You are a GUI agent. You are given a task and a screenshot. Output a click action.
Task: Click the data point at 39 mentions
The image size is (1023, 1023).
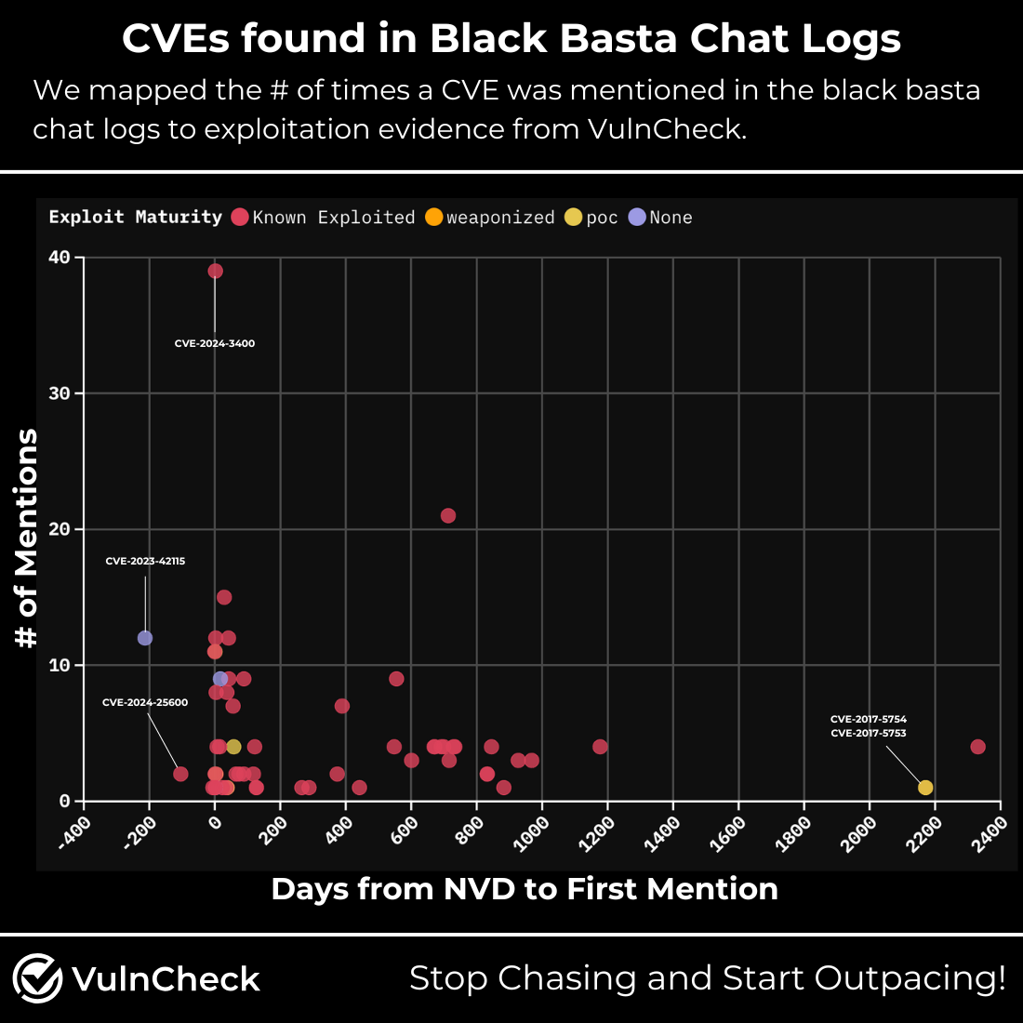pyautogui.click(x=215, y=271)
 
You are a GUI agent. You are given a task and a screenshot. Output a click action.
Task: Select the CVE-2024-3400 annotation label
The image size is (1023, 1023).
pyautogui.click(x=215, y=344)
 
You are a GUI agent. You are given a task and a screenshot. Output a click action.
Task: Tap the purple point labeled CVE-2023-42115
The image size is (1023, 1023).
pyautogui.click(x=145, y=638)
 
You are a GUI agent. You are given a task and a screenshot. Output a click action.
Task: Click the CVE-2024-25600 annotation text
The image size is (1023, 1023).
pyautogui.click(x=145, y=703)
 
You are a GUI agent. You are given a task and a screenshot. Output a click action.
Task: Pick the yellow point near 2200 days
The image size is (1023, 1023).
pyautogui.click(x=925, y=788)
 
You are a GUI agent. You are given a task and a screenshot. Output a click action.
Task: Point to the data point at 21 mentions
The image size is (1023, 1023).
pyautogui.click(x=448, y=516)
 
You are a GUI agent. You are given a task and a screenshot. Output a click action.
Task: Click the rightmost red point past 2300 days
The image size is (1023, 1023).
pyautogui.click(x=977, y=747)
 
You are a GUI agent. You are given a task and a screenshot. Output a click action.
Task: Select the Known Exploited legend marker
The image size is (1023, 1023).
pyautogui.click(x=240, y=218)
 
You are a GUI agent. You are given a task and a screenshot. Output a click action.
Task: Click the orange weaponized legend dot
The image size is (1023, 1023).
pyautogui.click(x=434, y=218)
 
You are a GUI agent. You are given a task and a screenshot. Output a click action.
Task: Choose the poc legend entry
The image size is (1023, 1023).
pyautogui.click(x=591, y=218)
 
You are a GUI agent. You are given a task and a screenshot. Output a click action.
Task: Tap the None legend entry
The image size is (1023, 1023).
pyautogui.click(x=661, y=218)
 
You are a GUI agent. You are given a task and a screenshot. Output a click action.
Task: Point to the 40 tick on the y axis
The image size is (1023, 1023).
pyautogui.click(x=60, y=258)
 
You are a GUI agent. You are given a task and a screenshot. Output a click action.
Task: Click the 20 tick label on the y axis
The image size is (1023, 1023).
pyautogui.click(x=60, y=529)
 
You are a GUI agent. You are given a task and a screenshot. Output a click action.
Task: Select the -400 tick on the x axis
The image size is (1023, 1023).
pyautogui.click(x=74, y=831)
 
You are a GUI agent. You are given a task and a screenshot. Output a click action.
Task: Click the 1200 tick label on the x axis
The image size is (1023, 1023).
pyautogui.click(x=597, y=833)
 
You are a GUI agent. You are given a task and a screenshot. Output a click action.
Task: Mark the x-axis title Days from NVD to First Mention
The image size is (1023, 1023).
pyautogui.click(x=525, y=889)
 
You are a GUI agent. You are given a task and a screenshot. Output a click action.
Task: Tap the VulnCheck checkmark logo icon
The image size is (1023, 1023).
pyautogui.click(x=37, y=978)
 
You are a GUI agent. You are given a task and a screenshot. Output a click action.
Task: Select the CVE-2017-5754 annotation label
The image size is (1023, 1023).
pyautogui.click(x=869, y=719)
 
